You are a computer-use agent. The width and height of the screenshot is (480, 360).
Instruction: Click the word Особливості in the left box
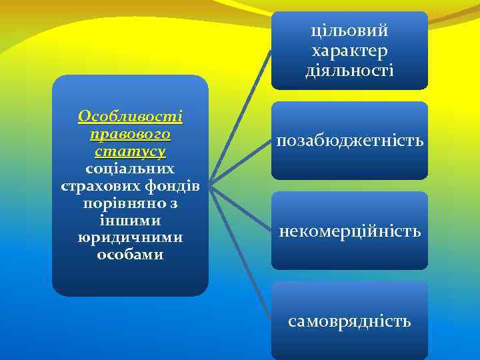(130, 116)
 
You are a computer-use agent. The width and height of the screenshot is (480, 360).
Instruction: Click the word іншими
(130, 220)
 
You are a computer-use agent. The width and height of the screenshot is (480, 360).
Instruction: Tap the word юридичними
(130, 237)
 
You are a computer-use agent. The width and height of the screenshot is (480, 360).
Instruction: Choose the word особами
(130, 255)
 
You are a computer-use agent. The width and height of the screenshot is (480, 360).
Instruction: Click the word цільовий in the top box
(349, 31)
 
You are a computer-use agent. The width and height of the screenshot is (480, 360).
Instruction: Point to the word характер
(349, 50)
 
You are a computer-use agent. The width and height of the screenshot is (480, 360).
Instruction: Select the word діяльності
(349, 69)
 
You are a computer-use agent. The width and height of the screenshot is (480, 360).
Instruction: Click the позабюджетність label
(349, 141)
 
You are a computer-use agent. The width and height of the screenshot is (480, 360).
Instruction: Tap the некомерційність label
(349, 231)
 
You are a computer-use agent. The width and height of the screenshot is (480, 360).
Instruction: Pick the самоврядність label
(349, 321)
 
